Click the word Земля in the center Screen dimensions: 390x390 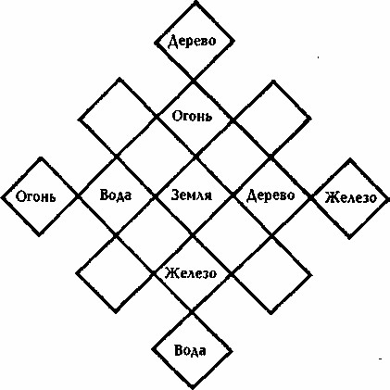(x=192, y=195)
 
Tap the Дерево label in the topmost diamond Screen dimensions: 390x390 (x=192, y=41)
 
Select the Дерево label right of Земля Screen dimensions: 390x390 (x=270, y=195)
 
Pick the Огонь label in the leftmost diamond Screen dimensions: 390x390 (x=36, y=196)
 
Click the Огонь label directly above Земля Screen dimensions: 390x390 (x=192, y=117)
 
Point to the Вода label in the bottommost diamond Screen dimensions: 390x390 (x=190, y=351)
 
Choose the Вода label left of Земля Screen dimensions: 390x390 (x=116, y=195)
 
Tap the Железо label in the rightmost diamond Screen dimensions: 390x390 (x=350, y=197)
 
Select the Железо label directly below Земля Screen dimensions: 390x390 (x=191, y=273)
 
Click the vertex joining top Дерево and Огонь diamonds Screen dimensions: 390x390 (x=194, y=81)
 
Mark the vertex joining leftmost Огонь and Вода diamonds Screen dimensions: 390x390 (x=78, y=196)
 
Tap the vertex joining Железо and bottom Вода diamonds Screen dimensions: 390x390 (x=192, y=312)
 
